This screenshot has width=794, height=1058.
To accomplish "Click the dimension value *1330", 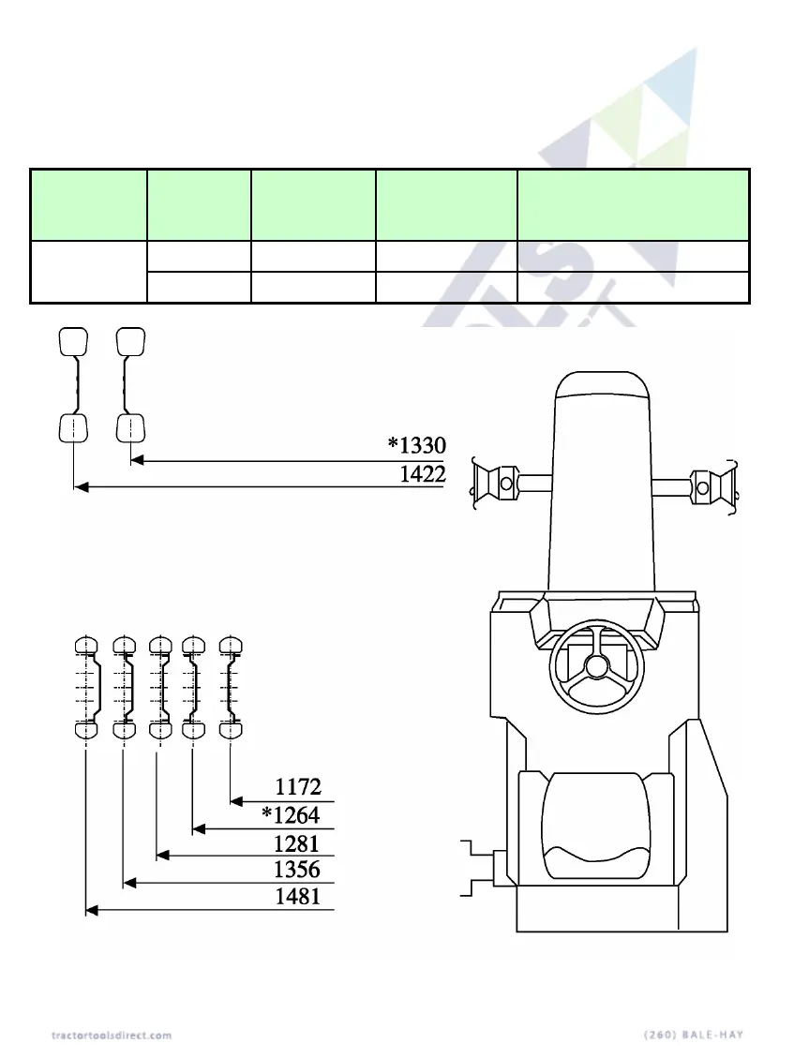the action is point(416,445).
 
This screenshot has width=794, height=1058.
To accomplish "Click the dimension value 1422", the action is point(423,473).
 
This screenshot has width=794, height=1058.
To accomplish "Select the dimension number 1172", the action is point(298,787).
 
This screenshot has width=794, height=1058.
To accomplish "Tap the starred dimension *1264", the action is point(291,815).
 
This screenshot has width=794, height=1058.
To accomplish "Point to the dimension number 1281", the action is point(296,843).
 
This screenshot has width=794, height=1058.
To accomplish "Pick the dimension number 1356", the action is point(297,869).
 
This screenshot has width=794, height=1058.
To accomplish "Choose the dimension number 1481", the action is point(298,897).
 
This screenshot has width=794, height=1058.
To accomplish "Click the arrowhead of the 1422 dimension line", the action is point(81,486).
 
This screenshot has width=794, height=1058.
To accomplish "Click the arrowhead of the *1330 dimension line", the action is point(137,460).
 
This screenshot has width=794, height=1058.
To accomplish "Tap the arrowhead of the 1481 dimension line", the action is point(93,911).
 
